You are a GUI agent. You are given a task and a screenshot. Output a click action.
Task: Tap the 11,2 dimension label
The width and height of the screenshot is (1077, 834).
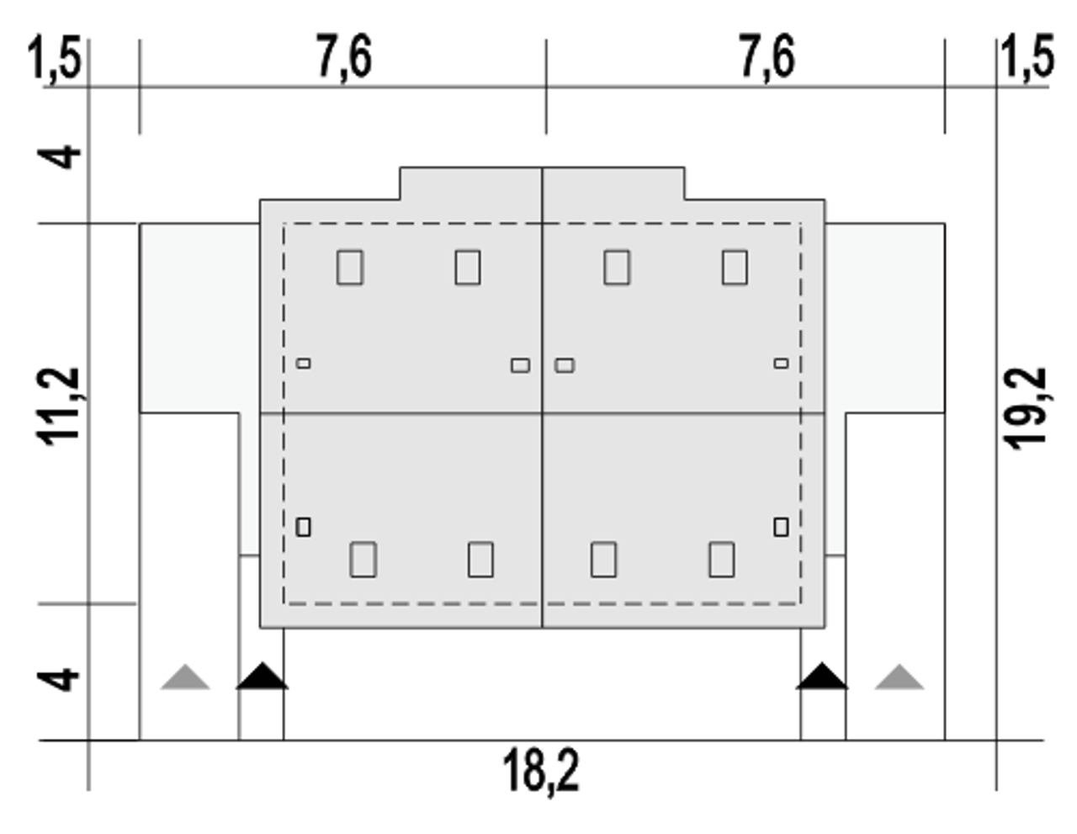tap(57, 406)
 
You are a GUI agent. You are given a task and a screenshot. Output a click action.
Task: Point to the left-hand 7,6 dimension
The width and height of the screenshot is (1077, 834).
tap(344, 56)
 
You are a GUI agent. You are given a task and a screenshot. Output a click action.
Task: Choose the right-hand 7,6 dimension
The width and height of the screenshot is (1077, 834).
tap(767, 56)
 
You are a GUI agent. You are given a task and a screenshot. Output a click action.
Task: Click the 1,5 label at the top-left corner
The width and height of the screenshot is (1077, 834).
tap(55, 56)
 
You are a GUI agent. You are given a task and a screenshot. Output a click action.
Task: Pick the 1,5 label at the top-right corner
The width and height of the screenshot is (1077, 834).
tap(1028, 56)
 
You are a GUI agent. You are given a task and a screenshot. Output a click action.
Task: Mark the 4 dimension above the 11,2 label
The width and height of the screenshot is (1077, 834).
tap(60, 157)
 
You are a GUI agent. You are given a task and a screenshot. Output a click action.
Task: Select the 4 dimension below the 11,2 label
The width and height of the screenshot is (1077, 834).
tap(60, 680)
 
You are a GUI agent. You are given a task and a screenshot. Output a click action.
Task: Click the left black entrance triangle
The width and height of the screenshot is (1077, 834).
tap(263, 677)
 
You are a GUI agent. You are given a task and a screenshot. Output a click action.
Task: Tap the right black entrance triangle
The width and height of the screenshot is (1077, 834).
tap(822, 677)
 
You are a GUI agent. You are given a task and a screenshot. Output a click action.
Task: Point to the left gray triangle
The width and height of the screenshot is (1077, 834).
tap(185, 677)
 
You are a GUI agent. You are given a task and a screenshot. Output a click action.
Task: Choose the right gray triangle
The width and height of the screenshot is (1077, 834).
tap(899, 677)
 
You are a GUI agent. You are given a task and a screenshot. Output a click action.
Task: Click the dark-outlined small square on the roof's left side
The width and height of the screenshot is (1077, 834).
tap(303, 527)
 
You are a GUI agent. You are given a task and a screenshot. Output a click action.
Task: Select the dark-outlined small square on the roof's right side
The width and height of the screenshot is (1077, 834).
tap(781, 527)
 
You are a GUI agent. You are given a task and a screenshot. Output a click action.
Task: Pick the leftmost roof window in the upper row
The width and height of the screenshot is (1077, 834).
tap(350, 268)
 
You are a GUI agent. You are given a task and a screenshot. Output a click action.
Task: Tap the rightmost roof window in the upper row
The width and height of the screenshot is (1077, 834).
tap(735, 268)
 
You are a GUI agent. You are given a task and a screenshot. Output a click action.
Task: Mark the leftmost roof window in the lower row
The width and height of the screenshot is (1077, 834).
tap(363, 560)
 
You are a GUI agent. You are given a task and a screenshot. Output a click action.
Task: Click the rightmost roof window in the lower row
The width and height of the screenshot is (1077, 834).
tap(722, 560)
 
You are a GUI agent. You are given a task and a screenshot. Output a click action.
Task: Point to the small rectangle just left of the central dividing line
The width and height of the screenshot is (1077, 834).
tap(520, 366)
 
